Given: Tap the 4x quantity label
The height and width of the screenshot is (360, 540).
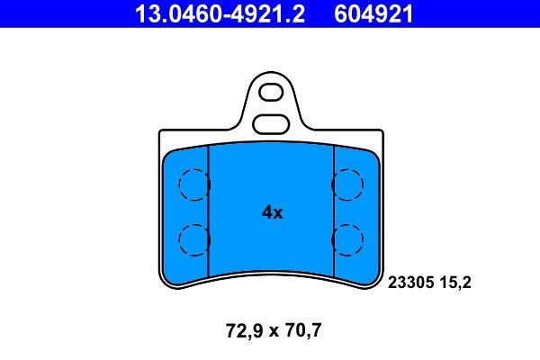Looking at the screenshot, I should click(271, 212).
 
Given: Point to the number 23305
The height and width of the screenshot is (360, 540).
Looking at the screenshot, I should click(409, 282).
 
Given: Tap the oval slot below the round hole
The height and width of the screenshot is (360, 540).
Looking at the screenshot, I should click(270, 122).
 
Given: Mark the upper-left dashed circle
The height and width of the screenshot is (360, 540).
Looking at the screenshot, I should click(193, 185).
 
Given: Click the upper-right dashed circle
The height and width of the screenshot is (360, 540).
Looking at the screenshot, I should click(347, 185).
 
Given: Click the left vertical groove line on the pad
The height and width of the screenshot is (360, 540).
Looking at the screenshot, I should click(208, 212).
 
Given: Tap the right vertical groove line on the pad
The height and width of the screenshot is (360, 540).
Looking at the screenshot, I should click(334, 212).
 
